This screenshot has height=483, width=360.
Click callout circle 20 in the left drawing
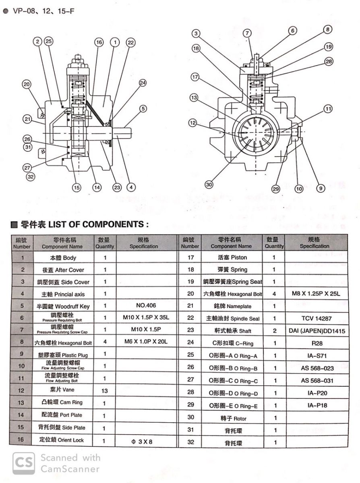[27, 84]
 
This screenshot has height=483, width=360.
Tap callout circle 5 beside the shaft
[143, 108]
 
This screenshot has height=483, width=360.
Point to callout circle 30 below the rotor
[208, 184]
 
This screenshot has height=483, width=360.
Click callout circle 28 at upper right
[329, 61]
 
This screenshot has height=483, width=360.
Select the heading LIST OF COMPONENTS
[80, 224]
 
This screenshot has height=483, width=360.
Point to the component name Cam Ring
[64, 402]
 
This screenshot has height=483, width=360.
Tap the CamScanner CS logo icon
[23, 463]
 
